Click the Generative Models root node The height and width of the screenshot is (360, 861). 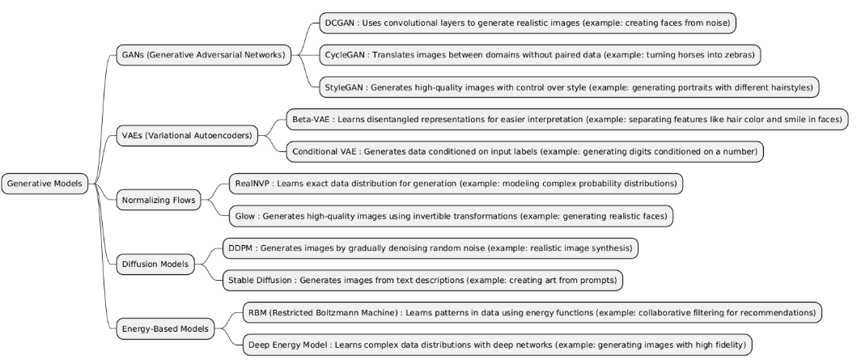click(45, 184)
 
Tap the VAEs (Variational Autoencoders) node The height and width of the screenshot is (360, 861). click(186, 135)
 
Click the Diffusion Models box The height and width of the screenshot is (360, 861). click(154, 264)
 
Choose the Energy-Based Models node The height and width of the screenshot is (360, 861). click(165, 328)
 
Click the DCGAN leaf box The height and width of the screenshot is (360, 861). click(526, 23)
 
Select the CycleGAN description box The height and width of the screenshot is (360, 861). click(541, 55)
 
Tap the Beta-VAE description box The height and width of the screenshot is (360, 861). click(567, 120)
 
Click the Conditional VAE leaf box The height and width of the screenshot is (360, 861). click(524, 151)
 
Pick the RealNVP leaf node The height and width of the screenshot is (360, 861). click(454, 184)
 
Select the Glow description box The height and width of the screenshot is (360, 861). click(452, 216)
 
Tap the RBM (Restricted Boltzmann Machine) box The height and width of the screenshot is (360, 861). click(532, 312)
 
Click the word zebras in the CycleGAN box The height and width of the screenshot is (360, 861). click(738, 55)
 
